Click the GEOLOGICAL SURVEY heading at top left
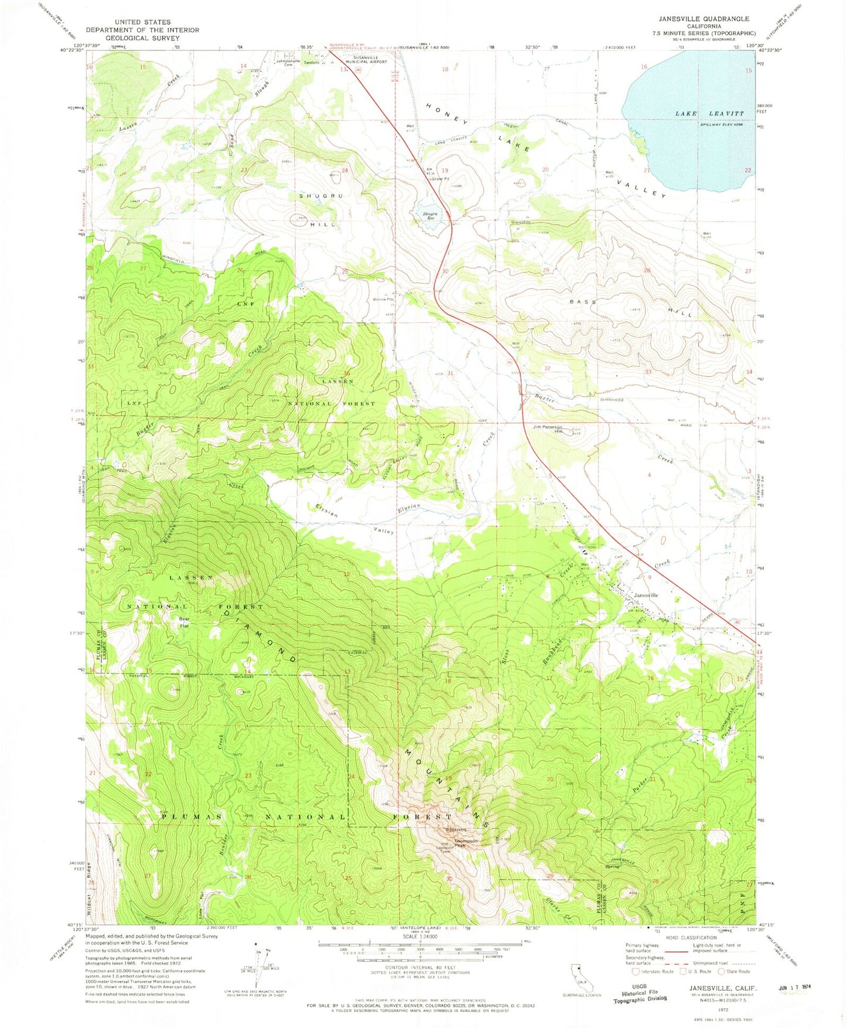click(x=143, y=38)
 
